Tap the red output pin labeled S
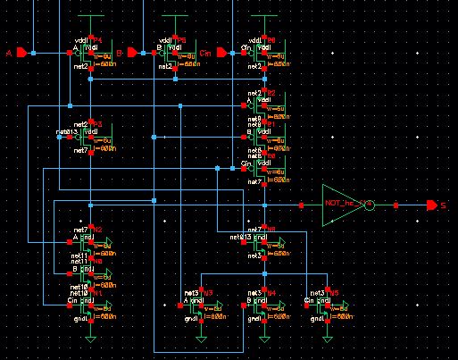coord(432,205)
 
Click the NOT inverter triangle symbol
coord(343,205)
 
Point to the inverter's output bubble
coord(370,205)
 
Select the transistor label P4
coord(97,41)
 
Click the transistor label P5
coord(181,41)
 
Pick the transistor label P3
coord(97,124)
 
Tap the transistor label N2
coord(97,230)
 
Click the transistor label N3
coord(207,292)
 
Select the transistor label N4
coord(271,292)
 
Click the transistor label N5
coord(334,292)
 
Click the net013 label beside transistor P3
coord(68,132)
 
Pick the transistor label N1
coord(97,292)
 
